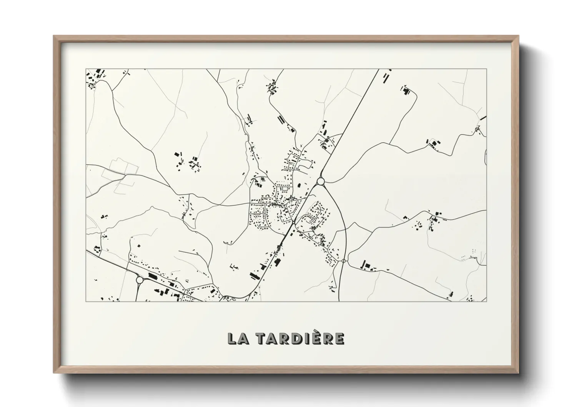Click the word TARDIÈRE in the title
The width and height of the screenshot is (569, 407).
(300, 339)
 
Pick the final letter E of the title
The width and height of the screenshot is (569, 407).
(339, 339)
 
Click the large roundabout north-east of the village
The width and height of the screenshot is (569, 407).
(321, 181)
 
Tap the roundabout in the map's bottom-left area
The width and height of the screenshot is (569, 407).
(140, 280)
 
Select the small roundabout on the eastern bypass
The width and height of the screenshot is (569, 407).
(343, 261)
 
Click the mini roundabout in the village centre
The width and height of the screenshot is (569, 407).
(293, 222)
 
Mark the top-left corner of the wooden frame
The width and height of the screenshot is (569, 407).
(54, 36)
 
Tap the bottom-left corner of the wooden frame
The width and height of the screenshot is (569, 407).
(54, 373)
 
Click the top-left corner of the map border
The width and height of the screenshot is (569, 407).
(86, 69)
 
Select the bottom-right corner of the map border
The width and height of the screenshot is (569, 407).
(487, 301)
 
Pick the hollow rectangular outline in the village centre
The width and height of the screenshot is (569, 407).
(285, 188)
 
